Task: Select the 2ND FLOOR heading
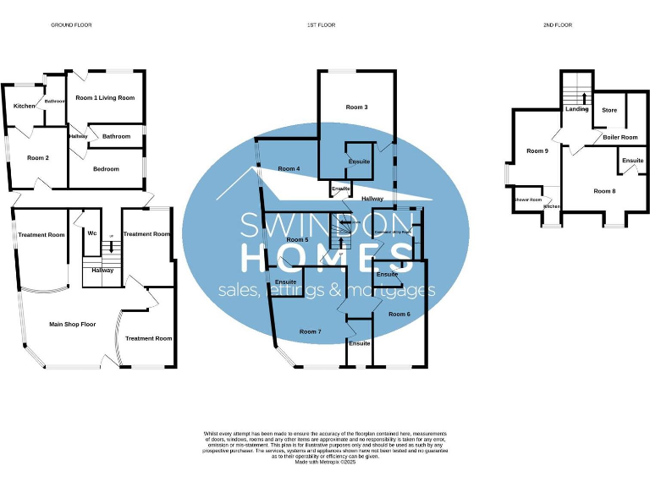click(x=558, y=25)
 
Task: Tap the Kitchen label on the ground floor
click(x=25, y=106)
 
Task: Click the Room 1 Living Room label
click(x=105, y=98)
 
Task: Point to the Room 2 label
click(x=37, y=158)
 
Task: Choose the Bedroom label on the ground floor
click(x=106, y=169)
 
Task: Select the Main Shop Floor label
click(x=72, y=324)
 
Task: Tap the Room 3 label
click(x=356, y=107)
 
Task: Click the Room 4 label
click(x=288, y=169)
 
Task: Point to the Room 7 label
click(x=309, y=331)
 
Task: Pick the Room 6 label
click(x=399, y=314)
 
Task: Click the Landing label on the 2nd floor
click(x=577, y=109)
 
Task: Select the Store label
click(x=609, y=111)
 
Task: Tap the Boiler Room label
click(x=620, y=137)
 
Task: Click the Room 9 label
click(x=537, y=151)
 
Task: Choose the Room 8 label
click(x=604, y=191)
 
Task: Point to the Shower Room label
click(x=528, y=200)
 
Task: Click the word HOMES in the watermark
click(x=325, y=258)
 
